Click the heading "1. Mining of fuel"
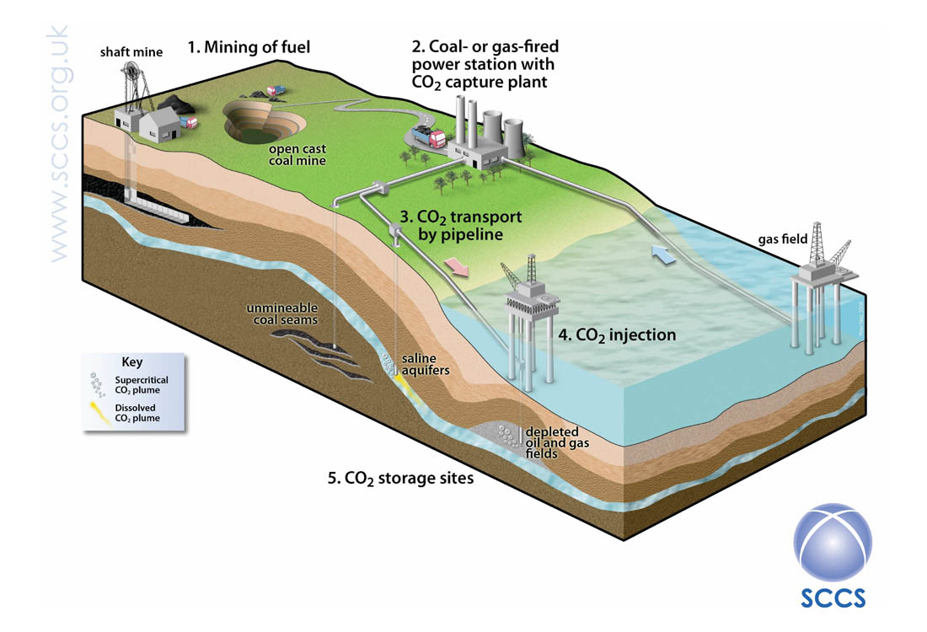click(249, 47)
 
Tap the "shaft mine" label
click(131, 52)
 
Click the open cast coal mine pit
click(265, 121)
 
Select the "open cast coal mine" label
click(297, 155)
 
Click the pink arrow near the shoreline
click(457, 266)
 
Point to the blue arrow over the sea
click(663, 254)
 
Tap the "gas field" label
click(783, 238)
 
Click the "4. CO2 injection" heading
click(617, 335)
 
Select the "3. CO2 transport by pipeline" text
click(461, 225)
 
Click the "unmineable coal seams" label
click(282, 314)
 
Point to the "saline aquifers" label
click(425, 364)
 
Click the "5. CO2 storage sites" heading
click(401, 479)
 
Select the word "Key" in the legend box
click(131, 362)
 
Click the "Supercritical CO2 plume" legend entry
click(129, 385)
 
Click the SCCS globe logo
click(833, 541)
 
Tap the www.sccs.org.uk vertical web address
click(59, 143)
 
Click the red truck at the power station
click(430, 137)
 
